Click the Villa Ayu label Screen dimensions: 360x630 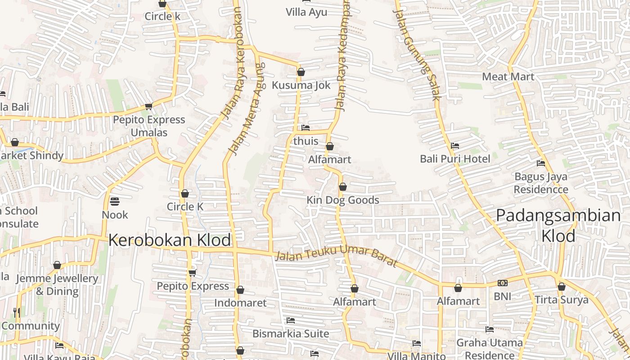click(x=306, y=12)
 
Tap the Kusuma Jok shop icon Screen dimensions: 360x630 click(x=301, y=72)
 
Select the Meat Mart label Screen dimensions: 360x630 click(x=508, y=76)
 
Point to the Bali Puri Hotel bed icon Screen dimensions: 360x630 click(x=455, y=146)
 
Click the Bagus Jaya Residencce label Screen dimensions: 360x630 click(x=541, y=183)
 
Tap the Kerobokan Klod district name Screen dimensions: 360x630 click(x=170, y=240)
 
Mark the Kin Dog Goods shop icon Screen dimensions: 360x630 click(x=343, y=187)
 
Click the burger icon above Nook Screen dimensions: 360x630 click(x=115, y=201)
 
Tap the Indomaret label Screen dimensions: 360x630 click(x=240, y=303)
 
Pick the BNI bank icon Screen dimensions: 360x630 click(x=503, y=283)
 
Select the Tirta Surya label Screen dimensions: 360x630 click(x=562, y=300)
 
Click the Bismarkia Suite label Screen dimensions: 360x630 click(x=291, y=334)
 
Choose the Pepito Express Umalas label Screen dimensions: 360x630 click(x=149, y=126)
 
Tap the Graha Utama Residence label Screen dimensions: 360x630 click(x=490, y=349)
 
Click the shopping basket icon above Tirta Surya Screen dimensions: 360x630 click(x=562, y=287)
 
